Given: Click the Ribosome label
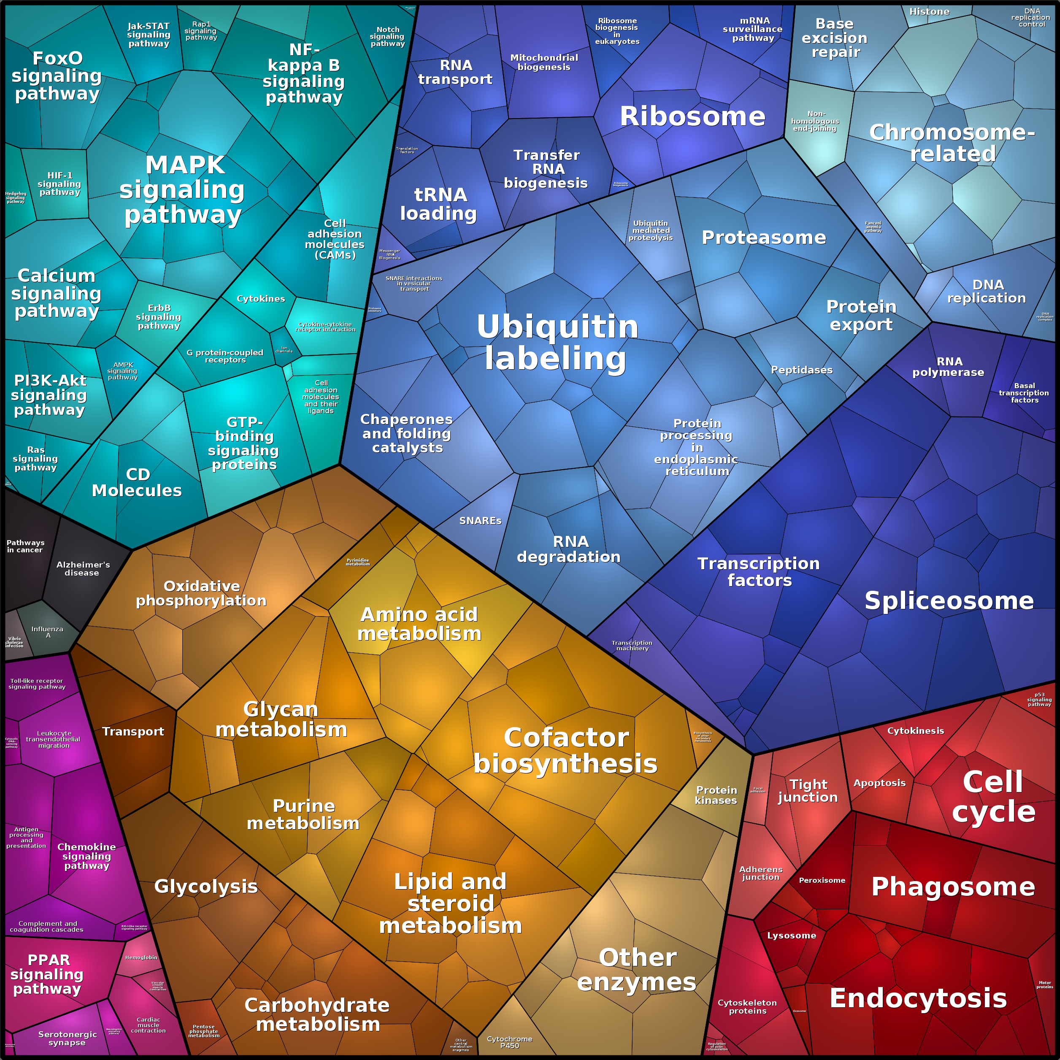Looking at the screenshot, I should point(692,116).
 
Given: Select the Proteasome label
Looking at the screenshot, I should point(763,238).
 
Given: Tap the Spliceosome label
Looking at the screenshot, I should point(949,601).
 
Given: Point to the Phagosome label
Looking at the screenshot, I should point(953,887).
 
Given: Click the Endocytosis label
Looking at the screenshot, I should point(918,998).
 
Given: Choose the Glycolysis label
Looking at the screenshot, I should point(206,886).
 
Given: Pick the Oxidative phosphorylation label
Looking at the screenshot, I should point(201,594).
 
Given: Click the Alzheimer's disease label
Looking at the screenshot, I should point(83,568).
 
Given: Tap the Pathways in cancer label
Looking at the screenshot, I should point(25,546).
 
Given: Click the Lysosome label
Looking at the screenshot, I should point(791,936).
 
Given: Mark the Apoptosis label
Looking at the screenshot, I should point(879,783).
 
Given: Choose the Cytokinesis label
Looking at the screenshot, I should point(915,730).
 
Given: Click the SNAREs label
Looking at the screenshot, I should point(480,521).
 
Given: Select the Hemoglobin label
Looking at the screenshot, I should point(141,957).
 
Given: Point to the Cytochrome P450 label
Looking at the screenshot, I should point(509,1042).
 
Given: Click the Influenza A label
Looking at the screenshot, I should point(47,632).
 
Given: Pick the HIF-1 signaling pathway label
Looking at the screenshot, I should point(59,184).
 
